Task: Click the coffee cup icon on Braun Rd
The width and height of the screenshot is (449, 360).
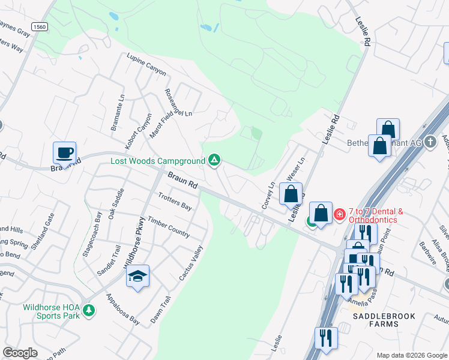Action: point(64,152)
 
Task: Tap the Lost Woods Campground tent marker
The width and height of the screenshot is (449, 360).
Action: point(214,160)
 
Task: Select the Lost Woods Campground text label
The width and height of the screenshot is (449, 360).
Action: point(158,161)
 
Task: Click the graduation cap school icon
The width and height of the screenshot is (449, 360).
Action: point(137,276)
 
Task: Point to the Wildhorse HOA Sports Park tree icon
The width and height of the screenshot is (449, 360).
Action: point(89,310)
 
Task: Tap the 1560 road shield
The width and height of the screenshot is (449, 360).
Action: point(40,27)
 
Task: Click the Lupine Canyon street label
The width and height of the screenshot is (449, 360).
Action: point(146,64)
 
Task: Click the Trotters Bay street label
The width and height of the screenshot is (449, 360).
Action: point(175,201)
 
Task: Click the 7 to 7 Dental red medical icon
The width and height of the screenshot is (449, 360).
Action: point(339,214)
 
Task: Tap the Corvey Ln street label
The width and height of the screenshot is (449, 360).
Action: point(268,196)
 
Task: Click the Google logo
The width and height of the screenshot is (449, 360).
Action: point(20,353)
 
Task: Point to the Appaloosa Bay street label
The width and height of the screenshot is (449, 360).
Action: point(123,310)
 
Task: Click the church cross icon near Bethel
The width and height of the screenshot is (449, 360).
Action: point(430,142)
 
